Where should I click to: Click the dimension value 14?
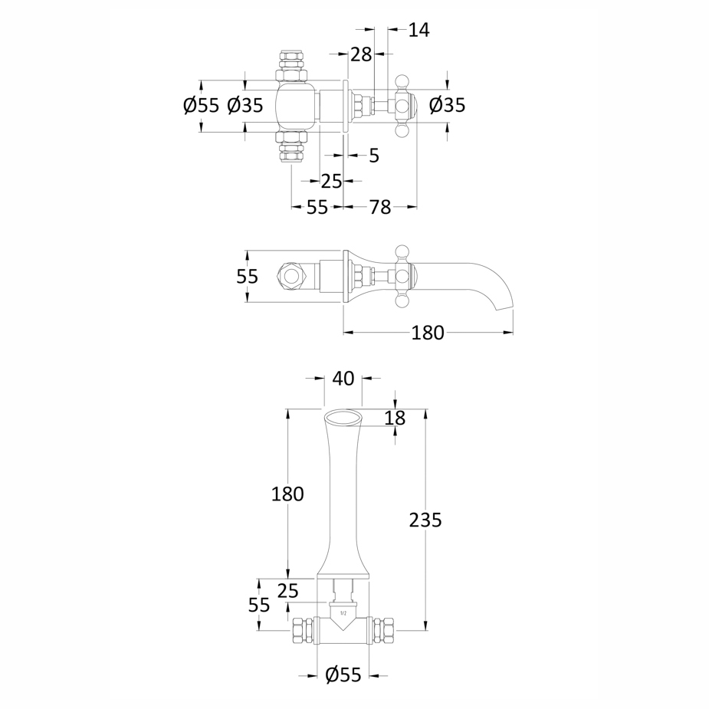point(419,30)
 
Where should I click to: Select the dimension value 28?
point(360,54)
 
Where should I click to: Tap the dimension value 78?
point(380,207)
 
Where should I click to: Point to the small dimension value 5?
point(373,156)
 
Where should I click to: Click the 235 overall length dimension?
point(425,520)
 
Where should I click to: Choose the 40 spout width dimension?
point(343,378)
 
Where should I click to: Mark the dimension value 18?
point(395,418)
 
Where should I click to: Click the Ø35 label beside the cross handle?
point(447,106)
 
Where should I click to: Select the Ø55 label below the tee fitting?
point(343,675)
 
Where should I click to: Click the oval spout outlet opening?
point(342,417)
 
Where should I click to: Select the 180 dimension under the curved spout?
point(428,333)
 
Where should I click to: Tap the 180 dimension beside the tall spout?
point(287,494)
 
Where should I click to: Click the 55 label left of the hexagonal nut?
point(247,276)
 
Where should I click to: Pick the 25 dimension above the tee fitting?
point(287,590)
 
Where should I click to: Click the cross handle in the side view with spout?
point(402,276)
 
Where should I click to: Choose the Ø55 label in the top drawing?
point(201,106)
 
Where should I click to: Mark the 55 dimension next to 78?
point(317,207)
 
